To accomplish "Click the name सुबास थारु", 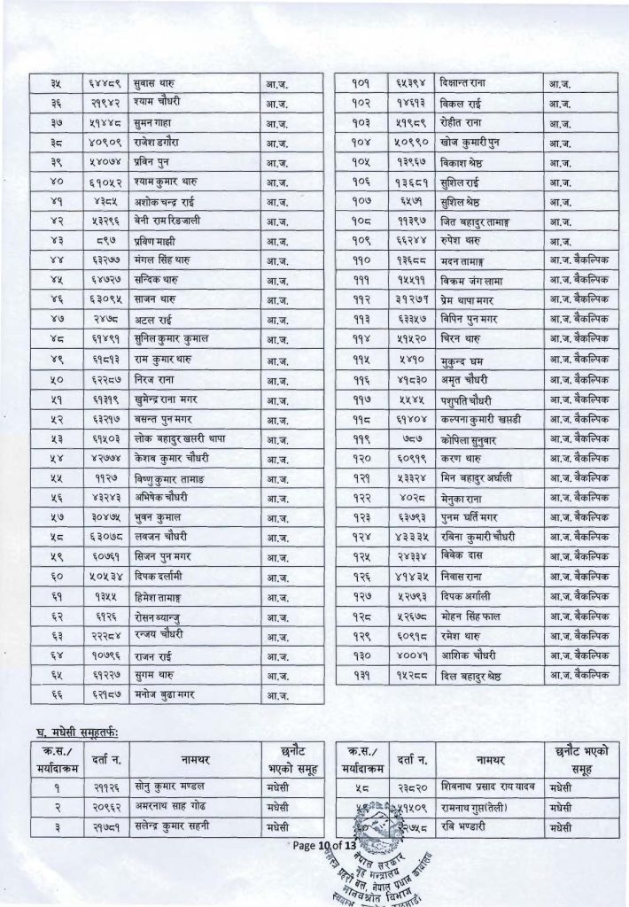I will click(x=152, y=85).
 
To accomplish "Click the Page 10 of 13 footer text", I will click(x=330, y=845).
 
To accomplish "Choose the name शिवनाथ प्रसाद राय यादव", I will click(x=490, y=787).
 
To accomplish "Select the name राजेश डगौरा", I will click(x=155, y=143).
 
